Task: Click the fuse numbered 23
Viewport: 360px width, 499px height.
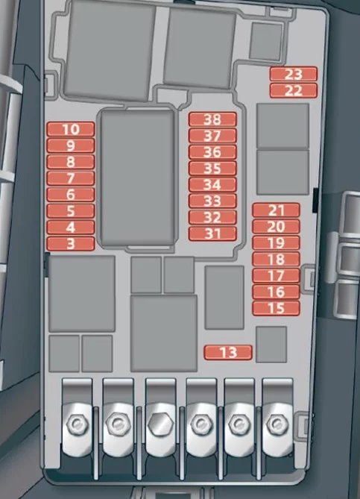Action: coord(293,74)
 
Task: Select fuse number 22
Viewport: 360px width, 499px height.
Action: coord(293,90)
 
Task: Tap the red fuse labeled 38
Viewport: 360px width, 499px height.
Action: coord(212,119)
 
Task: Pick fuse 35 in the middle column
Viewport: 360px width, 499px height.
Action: coord(212,169)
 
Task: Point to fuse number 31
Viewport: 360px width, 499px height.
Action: coord(212,233)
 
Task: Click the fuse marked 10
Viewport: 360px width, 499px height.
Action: coord(71,129)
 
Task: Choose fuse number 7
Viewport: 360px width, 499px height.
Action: coord(71,178)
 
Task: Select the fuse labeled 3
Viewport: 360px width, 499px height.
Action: coord(71,244)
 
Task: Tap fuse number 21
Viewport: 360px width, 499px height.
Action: coord(276,210)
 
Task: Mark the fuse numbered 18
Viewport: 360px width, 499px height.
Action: coord(276,259)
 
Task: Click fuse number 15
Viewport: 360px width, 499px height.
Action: coord(276,308)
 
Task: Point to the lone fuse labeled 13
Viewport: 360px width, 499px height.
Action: coord(228,352)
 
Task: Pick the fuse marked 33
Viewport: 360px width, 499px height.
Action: coord(212,201)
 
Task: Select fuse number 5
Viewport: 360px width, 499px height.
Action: coord(71,210)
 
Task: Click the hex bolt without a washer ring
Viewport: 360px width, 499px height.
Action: coord(160,424)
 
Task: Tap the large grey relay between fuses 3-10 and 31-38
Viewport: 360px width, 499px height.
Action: coord(138,178)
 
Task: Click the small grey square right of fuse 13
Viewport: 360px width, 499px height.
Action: coord(271,345)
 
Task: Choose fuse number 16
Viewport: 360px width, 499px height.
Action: coord(276,292)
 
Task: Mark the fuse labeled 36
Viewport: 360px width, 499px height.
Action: coord(212,152)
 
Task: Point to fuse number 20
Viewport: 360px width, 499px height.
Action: coord(276,227)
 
